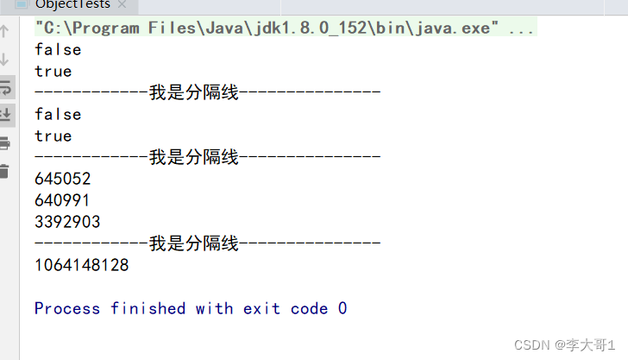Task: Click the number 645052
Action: coord(63,180)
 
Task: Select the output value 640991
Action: coord(63,200)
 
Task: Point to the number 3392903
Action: coord(67,222)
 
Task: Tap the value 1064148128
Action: coord(82,265)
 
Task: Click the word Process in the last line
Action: coord(67,308)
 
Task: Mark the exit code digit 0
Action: coord(342,308)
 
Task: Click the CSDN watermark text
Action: coord(531,344)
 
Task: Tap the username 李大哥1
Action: coord(591,344)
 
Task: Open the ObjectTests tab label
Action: coord(72,4)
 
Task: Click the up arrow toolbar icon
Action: coord(5,32)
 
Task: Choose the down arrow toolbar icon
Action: coord(5,60)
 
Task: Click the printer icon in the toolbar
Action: coord(5,142)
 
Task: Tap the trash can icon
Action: coord(5,170)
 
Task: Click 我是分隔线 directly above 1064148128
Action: coord(193,243)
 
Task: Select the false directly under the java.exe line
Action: coord(58,50)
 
